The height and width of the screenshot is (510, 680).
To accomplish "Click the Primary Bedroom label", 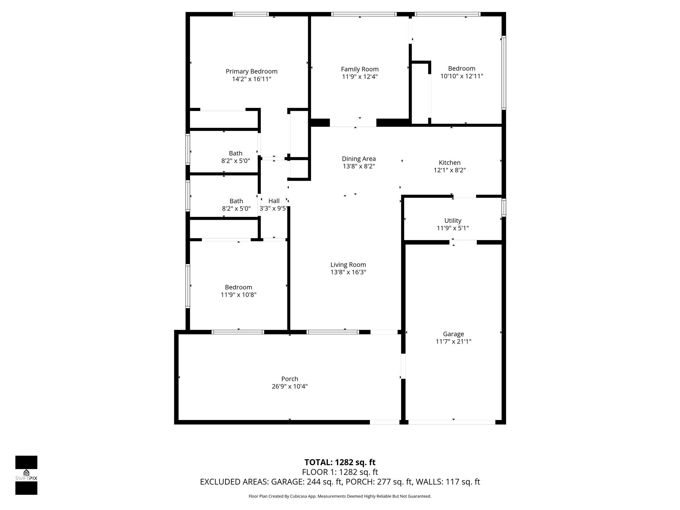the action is (251, 71).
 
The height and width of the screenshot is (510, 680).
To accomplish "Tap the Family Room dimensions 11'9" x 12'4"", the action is (360, 77).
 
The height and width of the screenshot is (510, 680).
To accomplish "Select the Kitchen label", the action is (450, 163).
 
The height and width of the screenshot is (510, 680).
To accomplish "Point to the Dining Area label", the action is (359, 159).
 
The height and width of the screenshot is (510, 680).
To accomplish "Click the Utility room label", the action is (453, 220).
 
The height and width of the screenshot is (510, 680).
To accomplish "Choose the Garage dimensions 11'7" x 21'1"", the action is (453, 341).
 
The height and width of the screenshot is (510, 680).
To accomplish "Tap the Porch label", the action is (290, 379).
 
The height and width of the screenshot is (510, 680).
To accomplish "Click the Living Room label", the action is (348, 265).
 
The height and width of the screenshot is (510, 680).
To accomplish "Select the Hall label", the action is (274, 201).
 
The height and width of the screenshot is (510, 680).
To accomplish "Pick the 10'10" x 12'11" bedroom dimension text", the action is (462, 76).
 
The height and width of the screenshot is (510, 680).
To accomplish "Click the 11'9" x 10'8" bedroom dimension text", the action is (238, 295).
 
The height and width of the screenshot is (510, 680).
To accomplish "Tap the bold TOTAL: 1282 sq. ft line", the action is (340, 462).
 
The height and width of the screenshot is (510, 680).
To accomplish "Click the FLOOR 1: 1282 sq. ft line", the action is (340, 472).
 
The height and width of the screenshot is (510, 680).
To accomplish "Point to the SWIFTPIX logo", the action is (26, 475).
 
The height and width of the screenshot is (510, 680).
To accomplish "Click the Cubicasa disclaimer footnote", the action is (340, 496).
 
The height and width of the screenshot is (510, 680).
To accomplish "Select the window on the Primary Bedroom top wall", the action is (250, 14).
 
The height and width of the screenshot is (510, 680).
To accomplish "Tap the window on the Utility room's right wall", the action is (504, 208).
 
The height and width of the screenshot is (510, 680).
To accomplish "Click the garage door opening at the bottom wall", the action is (452, 422).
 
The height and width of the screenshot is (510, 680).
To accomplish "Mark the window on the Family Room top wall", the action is (364, 14).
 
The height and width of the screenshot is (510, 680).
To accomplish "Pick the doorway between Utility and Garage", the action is (463, 242).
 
